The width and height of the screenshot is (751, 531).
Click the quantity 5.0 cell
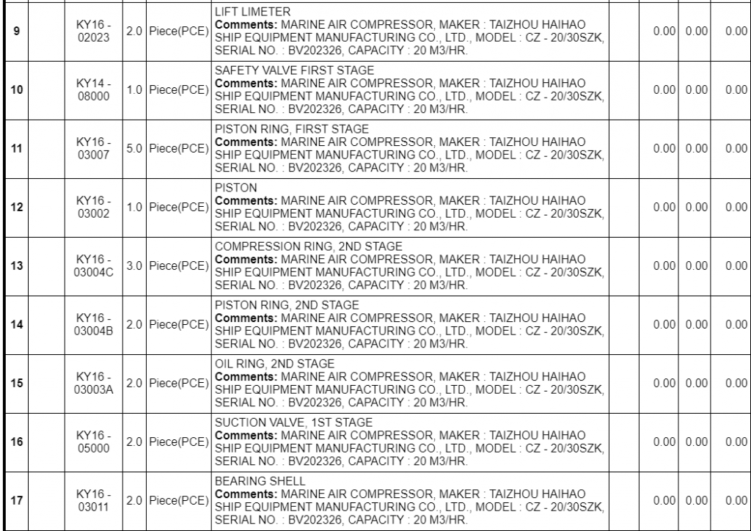(x=134, y=148)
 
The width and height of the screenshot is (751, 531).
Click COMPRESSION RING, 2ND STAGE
(x=309, y=246)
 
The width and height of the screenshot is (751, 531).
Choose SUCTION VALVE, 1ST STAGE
(x=294, y=422)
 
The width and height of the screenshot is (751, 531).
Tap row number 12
(x=16, y=207)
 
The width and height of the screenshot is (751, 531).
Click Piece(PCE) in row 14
(x=178, y=324)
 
